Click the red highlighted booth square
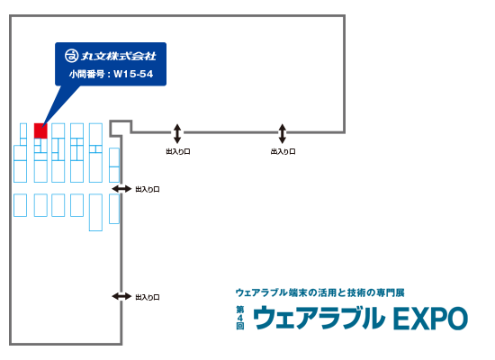click(40, 130)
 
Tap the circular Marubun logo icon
click(72, 56)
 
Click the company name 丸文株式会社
click(119, 56)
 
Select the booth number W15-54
click(133, 74)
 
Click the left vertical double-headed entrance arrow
click(177, 133)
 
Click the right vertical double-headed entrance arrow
click(283, 133)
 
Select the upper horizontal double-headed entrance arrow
click(121, 189)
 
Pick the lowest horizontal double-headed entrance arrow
click(121, 296)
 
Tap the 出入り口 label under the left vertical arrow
click(178, 151)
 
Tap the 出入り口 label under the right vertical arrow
click(283, 151)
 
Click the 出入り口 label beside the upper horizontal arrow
click(148, 190)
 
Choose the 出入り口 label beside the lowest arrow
click(148, 297)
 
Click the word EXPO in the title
click(430, 319)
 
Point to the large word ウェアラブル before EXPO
click(319, 318)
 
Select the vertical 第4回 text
click(240, 318)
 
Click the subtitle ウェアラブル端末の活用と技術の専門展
click(319, 292)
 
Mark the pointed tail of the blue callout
click(42, 129)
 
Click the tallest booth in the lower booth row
click(95, 212)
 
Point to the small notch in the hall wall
click(121, 128)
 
